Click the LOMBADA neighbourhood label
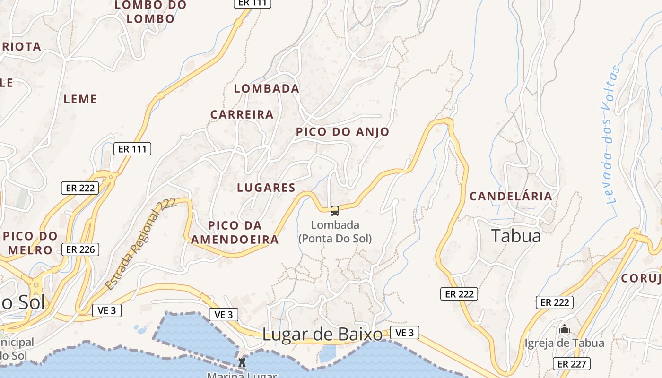click(267, 88)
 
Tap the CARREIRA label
click(242, 114)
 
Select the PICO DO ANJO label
click(342, 132)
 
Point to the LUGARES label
click(266, 188)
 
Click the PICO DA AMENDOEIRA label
click(235, 232)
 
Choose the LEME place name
click(80, 99)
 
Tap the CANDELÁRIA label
click(511, 196)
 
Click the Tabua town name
click(516, 235)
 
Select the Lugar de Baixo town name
click(322, 335)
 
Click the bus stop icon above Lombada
click(335, 210)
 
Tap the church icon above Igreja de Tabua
click(564, 329)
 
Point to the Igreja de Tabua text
click(564, 343)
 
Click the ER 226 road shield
click(80, 249)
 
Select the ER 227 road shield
click(572, 364)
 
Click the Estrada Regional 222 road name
click(140, 244)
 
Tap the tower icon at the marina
click(242, 362)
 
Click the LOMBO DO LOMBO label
click(151, 12)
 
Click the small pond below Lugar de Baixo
click(327, 353)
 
